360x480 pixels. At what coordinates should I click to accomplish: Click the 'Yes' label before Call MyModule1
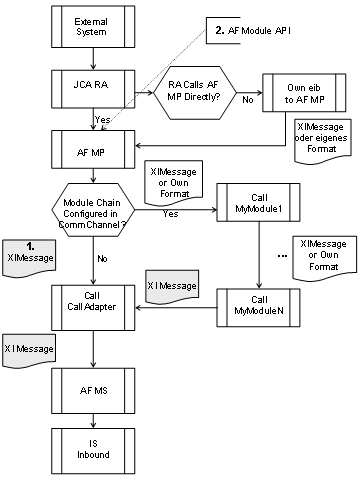(x=170, y=213)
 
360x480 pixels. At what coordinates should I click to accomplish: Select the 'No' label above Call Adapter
(x=103, y=258)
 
